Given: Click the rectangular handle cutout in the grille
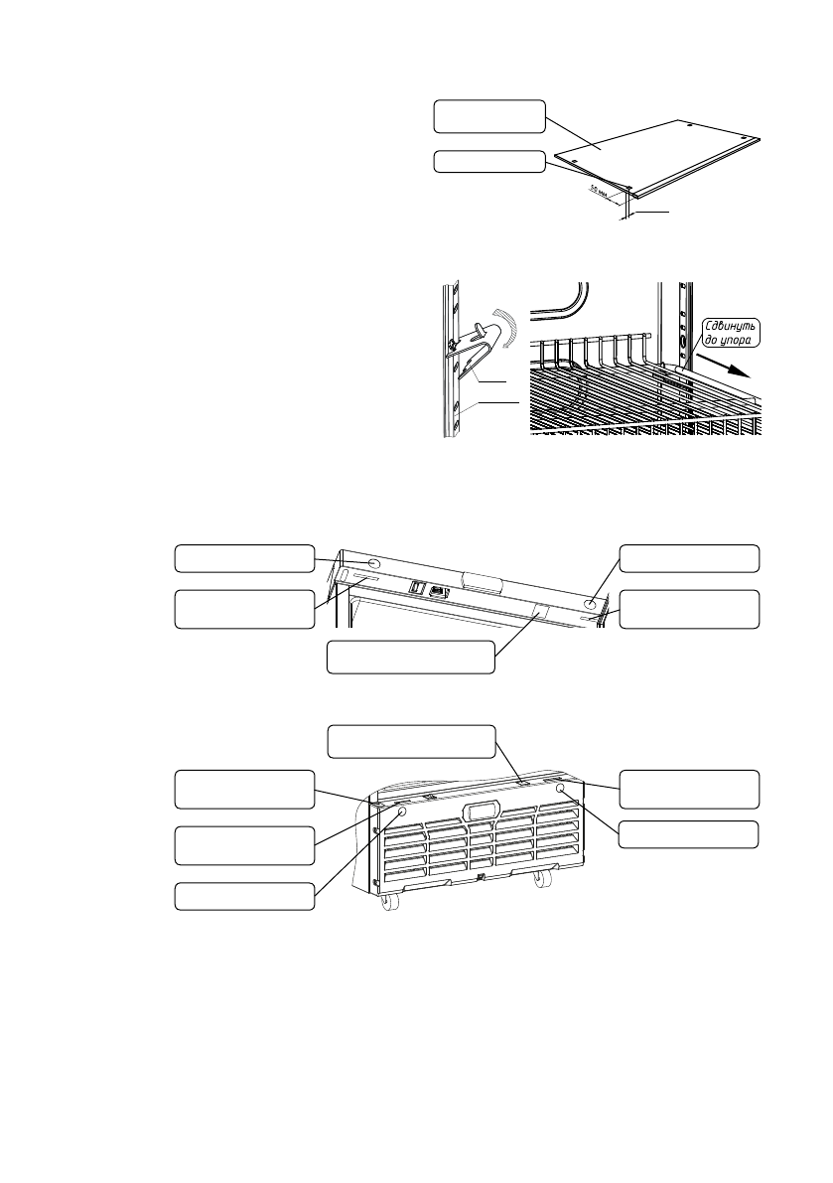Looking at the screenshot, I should pos(480,810).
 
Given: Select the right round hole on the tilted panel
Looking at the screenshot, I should pos(590,602).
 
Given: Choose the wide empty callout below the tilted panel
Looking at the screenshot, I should pos(411,658).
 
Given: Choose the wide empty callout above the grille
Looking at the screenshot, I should pos(411,742).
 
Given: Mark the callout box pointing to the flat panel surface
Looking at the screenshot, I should pos(489,116).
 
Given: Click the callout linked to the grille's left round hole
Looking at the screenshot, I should pos(245,896).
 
